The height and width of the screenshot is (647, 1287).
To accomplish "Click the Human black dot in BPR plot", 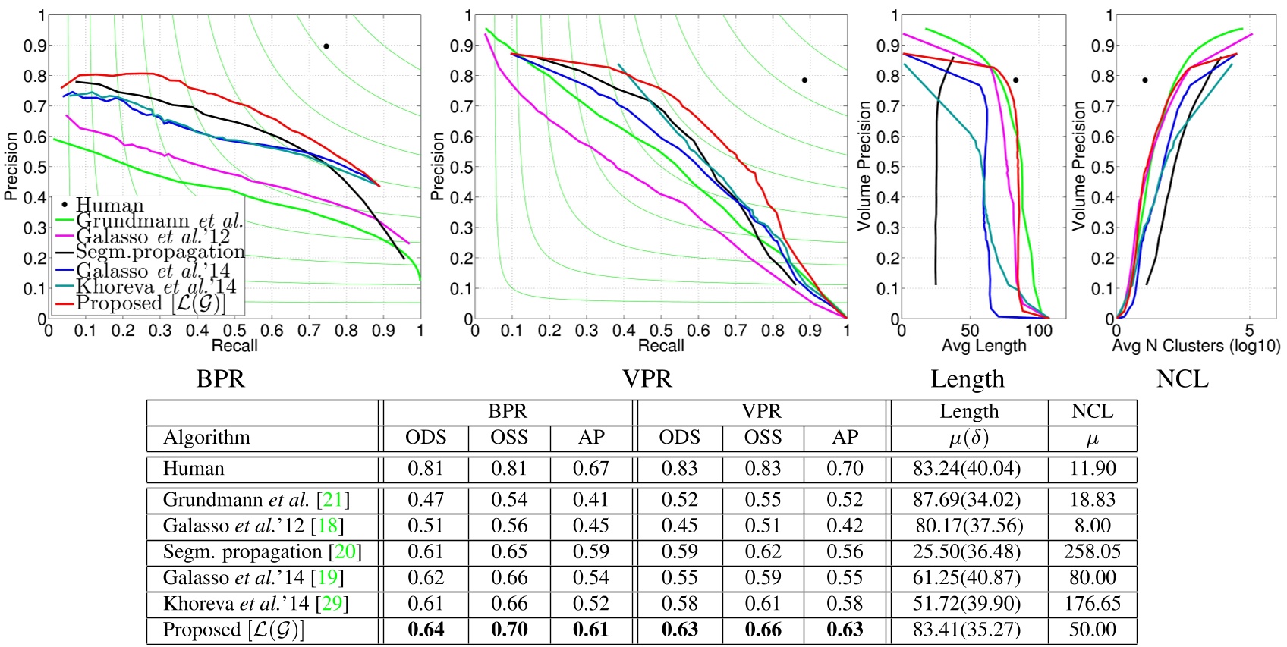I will click(326, 46).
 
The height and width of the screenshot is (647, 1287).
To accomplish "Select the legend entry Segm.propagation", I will click(160, 253).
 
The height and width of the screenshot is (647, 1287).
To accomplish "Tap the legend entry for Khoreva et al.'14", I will click(156, 287).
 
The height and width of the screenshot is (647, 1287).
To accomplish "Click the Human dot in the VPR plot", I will click(804, 80).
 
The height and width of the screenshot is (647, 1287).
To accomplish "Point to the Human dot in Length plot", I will click(1015, 80).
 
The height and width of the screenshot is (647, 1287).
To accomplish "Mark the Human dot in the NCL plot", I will click(1145, 80).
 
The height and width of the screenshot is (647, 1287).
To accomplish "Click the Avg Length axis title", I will click(983, 346).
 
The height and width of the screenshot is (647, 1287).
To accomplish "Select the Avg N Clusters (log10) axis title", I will click(1196, 346).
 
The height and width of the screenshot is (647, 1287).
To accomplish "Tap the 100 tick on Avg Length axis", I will click(1038, 331).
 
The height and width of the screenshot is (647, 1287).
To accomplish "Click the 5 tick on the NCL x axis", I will click(1249, 331).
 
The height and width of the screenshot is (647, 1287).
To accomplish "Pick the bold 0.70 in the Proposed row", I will click(509, 630).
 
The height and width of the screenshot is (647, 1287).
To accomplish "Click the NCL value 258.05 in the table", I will click(1092, 551).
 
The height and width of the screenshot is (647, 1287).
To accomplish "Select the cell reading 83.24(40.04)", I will click(967, 469).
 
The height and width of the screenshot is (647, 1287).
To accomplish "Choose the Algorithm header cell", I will click(206, 438).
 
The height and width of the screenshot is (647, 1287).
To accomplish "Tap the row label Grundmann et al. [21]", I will click(256, 500).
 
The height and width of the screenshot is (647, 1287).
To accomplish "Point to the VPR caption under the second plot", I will click(647, 378).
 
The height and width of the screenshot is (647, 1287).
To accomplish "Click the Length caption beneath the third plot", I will click(968, 378).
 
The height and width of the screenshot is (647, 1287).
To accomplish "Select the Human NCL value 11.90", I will click(1092, 469).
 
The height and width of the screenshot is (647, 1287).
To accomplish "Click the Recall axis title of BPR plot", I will click(234, 346).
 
